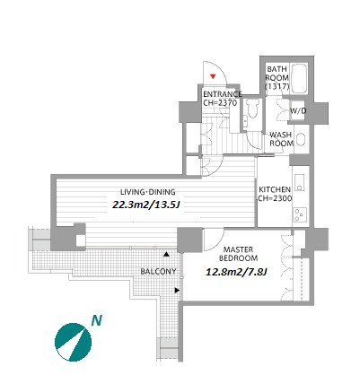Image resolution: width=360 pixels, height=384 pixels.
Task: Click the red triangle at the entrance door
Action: coord(213,76)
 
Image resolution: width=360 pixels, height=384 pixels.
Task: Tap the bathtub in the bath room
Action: coord(299,78)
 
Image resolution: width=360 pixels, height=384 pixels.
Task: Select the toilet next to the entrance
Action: coord(251,110)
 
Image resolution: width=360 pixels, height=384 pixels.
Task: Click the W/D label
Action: coord(298,111)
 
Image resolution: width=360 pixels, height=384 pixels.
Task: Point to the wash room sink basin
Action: coord(300,140)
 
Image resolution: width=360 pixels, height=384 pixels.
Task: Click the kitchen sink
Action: coord(300,183)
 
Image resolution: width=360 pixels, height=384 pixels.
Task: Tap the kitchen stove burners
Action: coord(300,214)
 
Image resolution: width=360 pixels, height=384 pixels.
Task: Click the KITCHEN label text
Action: coord(275,189)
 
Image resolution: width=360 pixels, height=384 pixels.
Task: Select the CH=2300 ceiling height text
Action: coord(275,198)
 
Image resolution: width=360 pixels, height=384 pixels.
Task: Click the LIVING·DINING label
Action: coord(148,192)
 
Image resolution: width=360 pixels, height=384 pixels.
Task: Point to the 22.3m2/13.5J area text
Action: coord(147,205)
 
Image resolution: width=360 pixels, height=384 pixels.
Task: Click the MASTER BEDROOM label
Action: coord(239,254)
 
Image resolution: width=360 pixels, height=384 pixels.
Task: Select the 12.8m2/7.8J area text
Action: coord(236,272)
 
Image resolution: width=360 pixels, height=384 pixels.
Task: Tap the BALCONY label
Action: coord(158,272)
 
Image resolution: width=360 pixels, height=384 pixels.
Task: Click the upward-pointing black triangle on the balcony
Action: coord(166,255)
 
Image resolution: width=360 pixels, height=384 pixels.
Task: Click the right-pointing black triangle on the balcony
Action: coord(177,290)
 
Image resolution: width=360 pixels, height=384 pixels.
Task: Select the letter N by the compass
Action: coord(97,320)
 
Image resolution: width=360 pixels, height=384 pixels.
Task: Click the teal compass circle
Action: coord(73,342)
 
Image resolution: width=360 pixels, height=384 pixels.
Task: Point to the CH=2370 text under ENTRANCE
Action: coord(220,103)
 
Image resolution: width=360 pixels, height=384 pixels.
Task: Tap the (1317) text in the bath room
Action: coord(277,87)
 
